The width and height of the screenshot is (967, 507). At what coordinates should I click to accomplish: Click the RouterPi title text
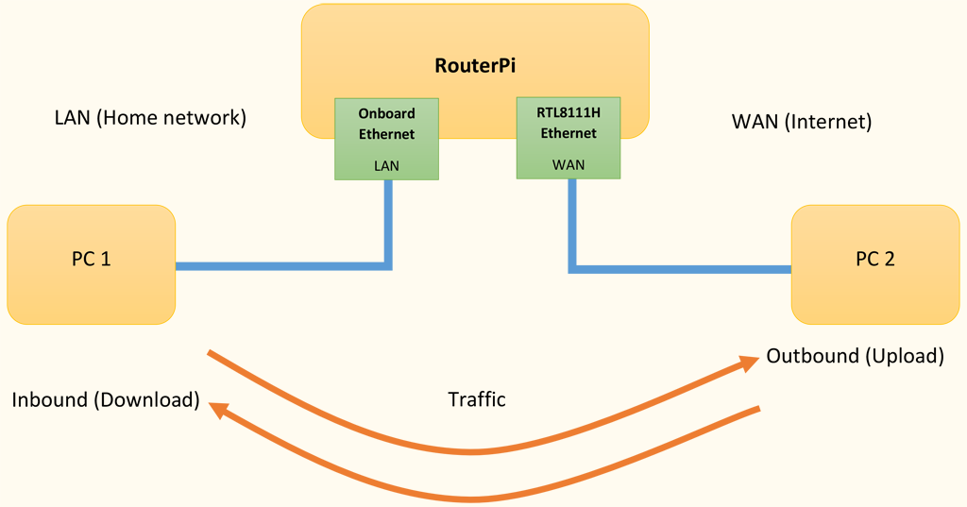(x=475, y=66)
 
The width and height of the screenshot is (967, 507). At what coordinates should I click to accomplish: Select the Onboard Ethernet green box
(x=387, y=139)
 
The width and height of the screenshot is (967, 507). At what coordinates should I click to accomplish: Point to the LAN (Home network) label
(x=150, y=118)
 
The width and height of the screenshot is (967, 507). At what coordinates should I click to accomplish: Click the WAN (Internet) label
(x=801, y=122)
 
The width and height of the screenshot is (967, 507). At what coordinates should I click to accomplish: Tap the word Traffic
(x=476, y=399)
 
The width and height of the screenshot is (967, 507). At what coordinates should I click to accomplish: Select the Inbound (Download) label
(x=106, y=399)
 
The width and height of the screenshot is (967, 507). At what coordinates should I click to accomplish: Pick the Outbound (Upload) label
(x=855, y=356)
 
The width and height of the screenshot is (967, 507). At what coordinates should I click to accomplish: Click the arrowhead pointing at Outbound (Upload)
(x=752, y=363)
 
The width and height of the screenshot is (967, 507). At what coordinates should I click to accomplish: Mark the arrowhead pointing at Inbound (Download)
(x=218, y=409)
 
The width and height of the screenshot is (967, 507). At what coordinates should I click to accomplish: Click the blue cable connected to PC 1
(x=283, y=266)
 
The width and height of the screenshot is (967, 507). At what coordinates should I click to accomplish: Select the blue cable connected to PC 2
(x=680, y=269)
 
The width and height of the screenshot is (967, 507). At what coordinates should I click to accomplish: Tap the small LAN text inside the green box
(x=387, y=165)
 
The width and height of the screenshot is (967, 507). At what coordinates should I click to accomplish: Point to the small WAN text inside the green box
(x=568, y=164)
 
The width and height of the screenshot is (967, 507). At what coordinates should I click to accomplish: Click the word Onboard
(x=387, y=114)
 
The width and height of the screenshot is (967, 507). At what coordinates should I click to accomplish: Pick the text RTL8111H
(x=568, y=113)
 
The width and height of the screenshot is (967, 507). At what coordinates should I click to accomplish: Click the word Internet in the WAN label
(x=832, y=122)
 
